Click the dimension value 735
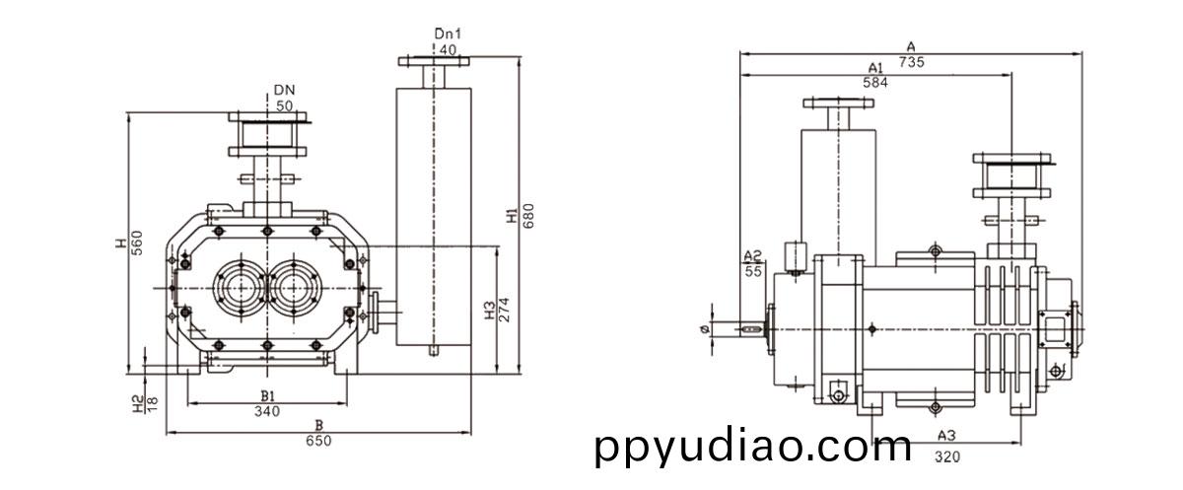pos(911,61)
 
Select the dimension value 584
pos(875,83)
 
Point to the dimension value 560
pos(138,241)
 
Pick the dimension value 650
pos(317,441)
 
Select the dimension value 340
pos(267,411)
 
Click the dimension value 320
pos(946,455)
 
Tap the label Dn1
pos(448,34)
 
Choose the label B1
pos(267,396)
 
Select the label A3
pos(946,435)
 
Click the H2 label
pos(138,403)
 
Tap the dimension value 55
pos(754,270)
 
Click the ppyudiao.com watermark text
pos(753,447)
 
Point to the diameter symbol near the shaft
pos(702,328)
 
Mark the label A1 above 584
pos(875,67)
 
